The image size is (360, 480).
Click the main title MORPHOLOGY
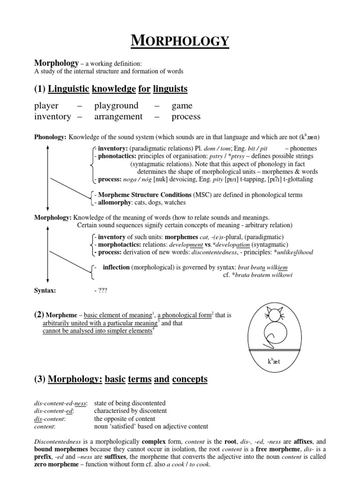point(180,41)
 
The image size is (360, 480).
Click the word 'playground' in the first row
point(116,105)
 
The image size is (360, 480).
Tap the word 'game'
point(182,105)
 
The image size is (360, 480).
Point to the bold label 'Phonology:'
point(51,137)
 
